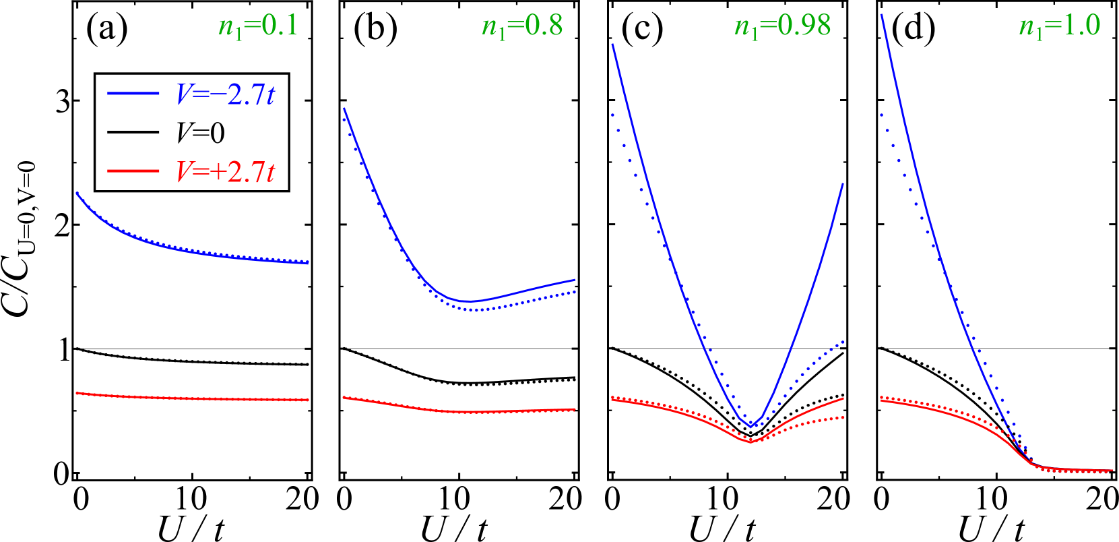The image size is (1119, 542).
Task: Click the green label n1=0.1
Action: click(258, 27)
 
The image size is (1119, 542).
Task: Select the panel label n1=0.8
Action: click(522, 27)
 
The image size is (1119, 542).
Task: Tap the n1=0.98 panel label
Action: click(782, 27)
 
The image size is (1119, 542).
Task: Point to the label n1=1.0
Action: click(1059, 27)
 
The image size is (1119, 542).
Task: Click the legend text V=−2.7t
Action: click(226, 95)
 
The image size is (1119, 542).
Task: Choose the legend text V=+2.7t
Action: click(226, 173)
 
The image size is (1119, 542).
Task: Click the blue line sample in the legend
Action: click(133, 93)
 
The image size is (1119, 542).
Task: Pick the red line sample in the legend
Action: click(133, 171)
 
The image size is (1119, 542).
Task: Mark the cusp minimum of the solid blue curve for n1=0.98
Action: click(750, 427)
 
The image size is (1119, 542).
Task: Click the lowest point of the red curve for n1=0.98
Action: click(750, 442)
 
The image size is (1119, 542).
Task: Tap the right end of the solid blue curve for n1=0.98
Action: click(843, 184)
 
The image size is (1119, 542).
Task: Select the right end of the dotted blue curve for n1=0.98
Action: click(843, 342)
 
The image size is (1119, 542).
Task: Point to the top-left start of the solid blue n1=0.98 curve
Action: click(612, 44)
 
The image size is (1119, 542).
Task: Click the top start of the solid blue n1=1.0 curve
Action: click(881, 15)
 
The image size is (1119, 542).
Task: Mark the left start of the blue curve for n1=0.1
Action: click(77, 193)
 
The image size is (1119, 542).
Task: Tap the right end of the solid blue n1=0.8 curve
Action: click(575, 279)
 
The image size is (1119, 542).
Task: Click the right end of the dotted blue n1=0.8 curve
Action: click(575, 292)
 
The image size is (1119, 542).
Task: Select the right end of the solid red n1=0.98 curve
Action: click(843, 398)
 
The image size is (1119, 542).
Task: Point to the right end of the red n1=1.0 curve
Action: click(1111, 471)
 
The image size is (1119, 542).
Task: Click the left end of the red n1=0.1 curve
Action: click(77, 392)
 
